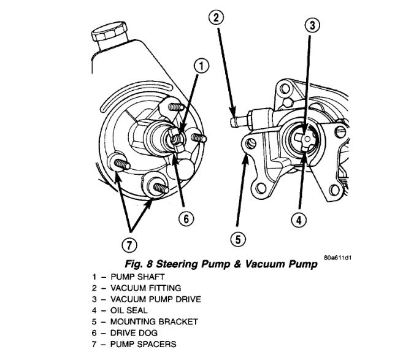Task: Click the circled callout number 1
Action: (201, 65)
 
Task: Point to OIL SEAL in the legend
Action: (128, 310)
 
